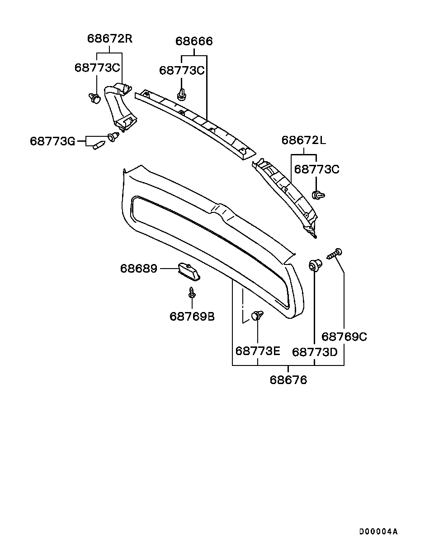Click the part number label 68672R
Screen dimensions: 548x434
(x=109, y=38)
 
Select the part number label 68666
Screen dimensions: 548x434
(x=194, y=42)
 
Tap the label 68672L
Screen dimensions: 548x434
(x=303, y=140)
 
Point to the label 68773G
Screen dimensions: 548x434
(x=52, y=141)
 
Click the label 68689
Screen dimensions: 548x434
(x=138, y=269)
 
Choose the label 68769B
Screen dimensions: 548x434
(x=192, y=316)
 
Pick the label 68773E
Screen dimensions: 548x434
(x=258, y=351)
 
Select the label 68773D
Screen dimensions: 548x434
(x=315, y=352)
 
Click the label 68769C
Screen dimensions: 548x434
(x=344, y=336)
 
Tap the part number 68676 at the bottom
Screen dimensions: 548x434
(x=288, y=380)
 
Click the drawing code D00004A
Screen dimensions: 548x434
(x=378, y=531)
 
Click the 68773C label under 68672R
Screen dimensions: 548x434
(x=97, y=67)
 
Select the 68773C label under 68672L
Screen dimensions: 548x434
(x=316, y=169)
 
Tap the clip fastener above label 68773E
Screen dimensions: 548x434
(x=257, y=315)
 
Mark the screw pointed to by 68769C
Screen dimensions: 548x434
(x=335, y=254)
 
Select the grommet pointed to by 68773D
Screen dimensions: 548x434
(x=315, y=264)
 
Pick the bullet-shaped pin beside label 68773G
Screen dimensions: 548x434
(x=99, y=145)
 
